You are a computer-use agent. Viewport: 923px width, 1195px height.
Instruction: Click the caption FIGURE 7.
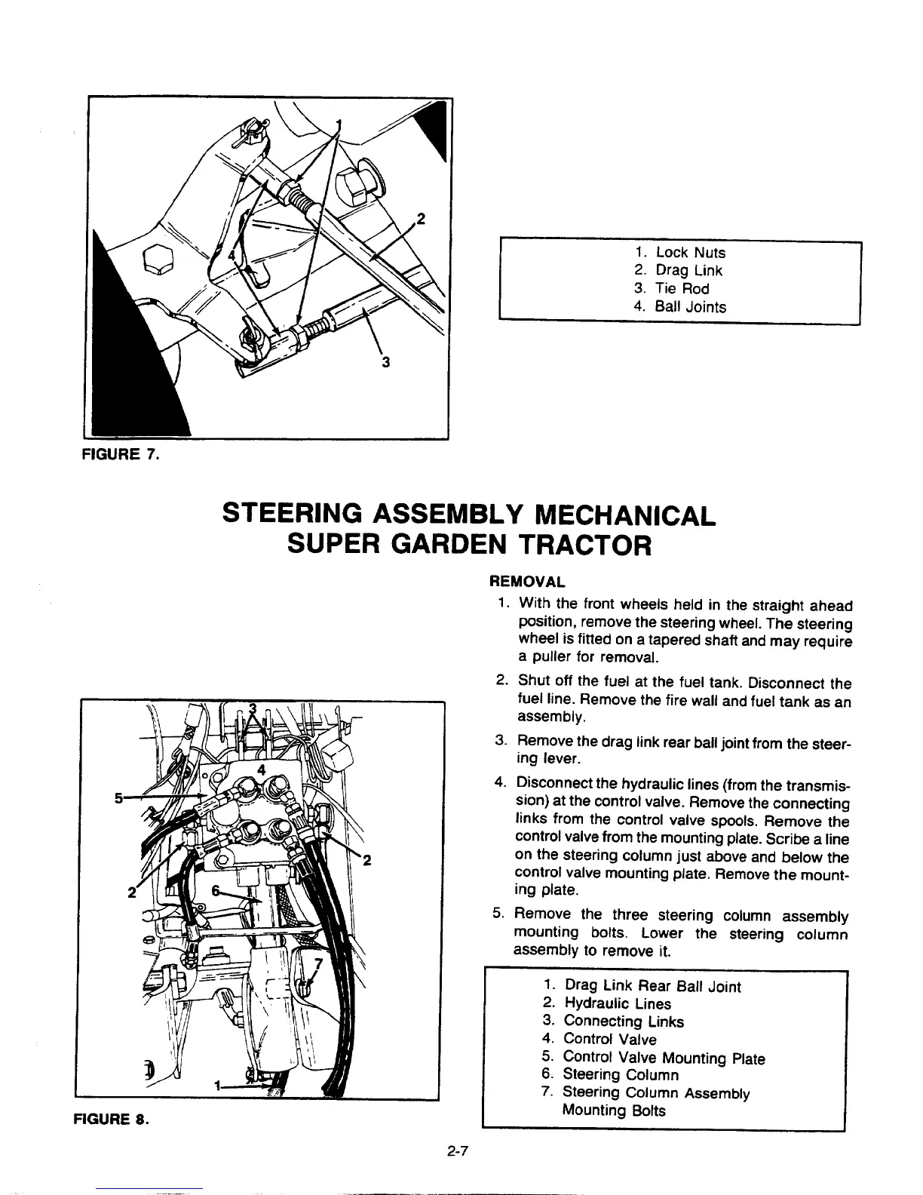tap(120, 453)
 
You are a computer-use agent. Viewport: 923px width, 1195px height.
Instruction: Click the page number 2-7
tap(458, 1151)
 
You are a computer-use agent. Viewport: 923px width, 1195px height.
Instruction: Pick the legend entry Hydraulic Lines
tap(617, 1003)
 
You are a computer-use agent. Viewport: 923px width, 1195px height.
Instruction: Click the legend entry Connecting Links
tap(624, 1021)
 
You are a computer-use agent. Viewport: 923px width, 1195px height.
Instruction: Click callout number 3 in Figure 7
tap(385, 362)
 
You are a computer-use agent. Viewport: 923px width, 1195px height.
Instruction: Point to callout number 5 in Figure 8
tap(118, 799)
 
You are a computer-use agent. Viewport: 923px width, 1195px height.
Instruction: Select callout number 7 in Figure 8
tap(317, 964)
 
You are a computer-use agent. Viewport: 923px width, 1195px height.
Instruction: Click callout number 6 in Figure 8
tap(216, 890)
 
